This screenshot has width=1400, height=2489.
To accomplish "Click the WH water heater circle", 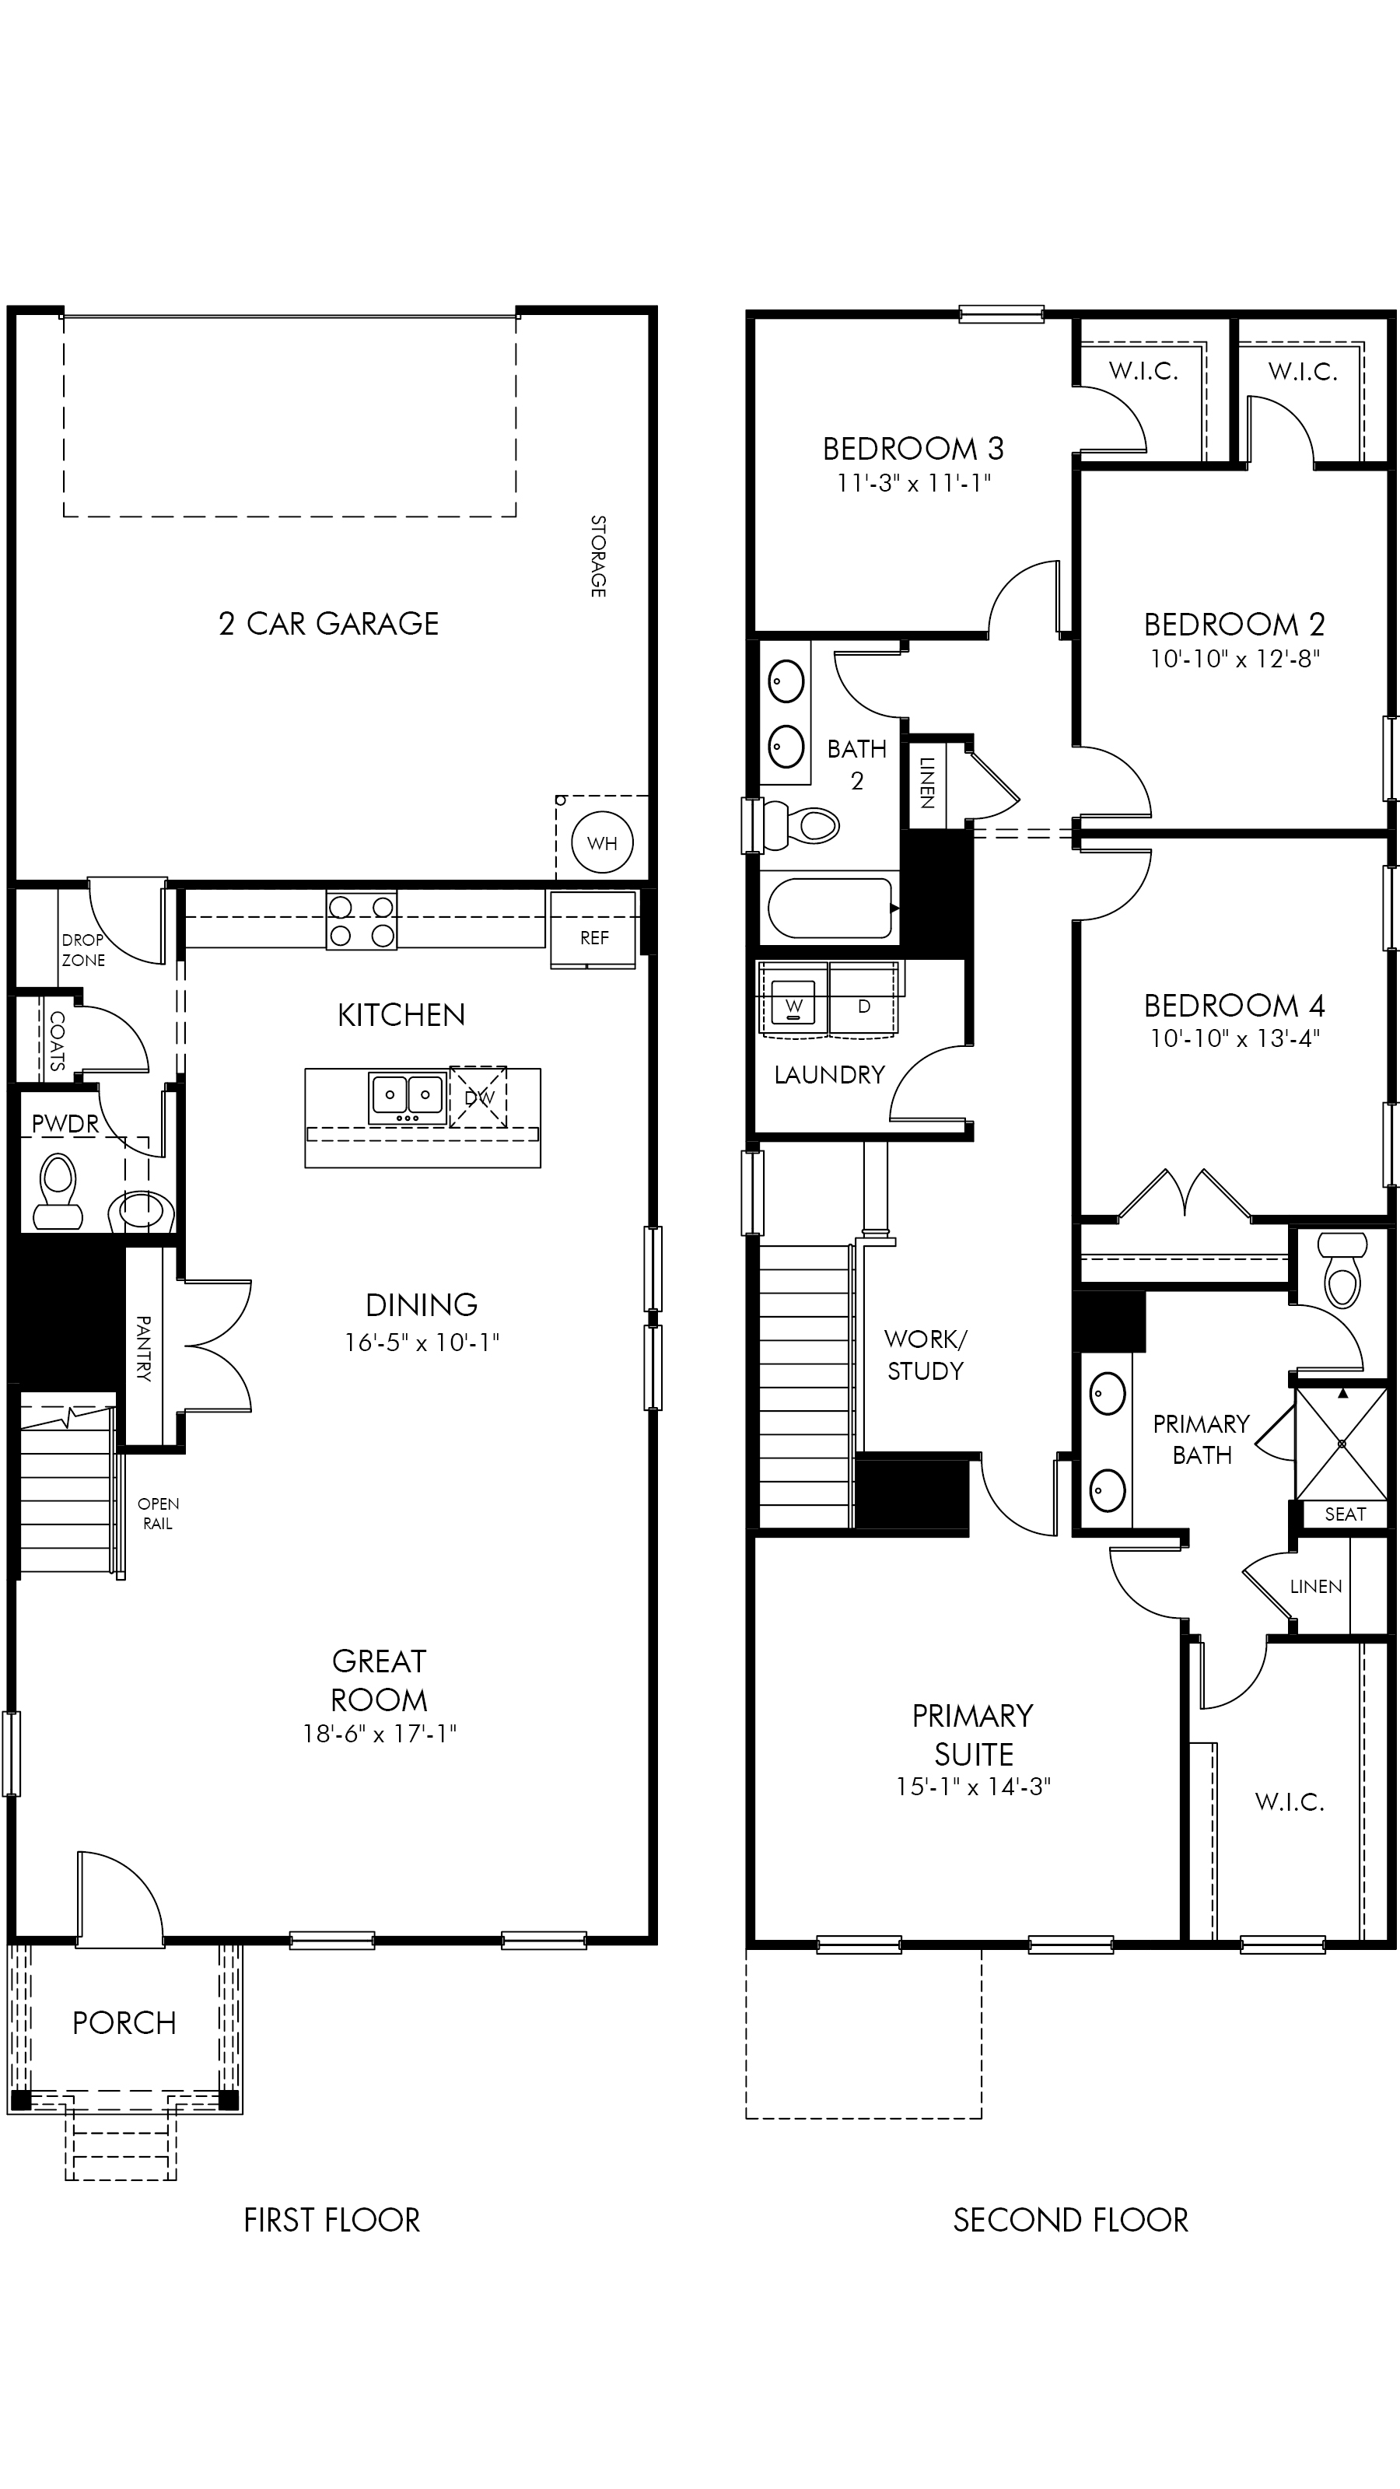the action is coord(602,842).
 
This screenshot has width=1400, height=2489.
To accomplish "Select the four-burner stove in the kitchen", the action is coord(362,921).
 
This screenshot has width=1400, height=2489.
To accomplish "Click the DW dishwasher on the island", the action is coord(478,1097).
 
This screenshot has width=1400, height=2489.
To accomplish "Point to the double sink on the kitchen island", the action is coord(407,1097).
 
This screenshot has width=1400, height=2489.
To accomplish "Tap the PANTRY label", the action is coord(143,1348).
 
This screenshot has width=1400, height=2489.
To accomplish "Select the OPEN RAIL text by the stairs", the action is coord(157,1513).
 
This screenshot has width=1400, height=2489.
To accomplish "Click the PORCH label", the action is coord(124,2023).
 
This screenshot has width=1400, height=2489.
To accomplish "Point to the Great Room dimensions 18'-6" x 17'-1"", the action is coord(380,1734).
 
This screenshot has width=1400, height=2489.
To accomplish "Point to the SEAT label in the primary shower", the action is coord(1345,1514).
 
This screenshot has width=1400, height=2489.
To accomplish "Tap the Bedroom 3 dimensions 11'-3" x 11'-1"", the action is coord(914,482).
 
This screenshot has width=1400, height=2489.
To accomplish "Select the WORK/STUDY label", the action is coord(926,1355).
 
